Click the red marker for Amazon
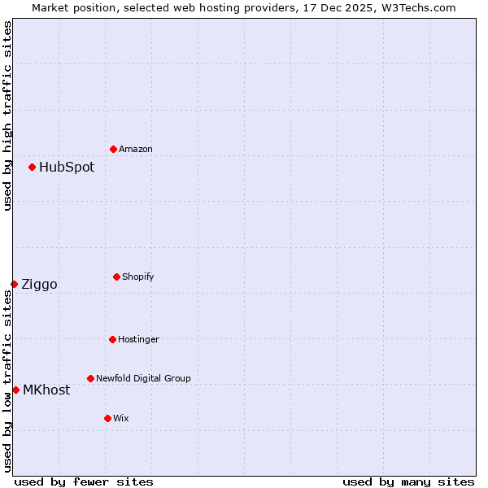point(113,149)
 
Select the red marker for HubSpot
point(32,167)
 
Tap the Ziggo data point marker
point(14,284)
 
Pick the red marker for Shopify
point(116,277)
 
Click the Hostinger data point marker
point(112,339)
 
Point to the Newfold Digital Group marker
point(90,378)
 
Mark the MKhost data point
point(15,390)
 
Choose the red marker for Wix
point(107,418)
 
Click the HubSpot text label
point(67,168)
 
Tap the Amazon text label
point(136,150)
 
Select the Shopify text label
point(138,277)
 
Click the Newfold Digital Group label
point(143,379)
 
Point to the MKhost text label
point(46,390)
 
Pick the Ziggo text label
point(39,285)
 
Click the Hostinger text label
point(138,340)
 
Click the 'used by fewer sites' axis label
point(84,481)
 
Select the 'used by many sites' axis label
point(408,481)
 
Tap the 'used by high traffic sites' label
point(7,115)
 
